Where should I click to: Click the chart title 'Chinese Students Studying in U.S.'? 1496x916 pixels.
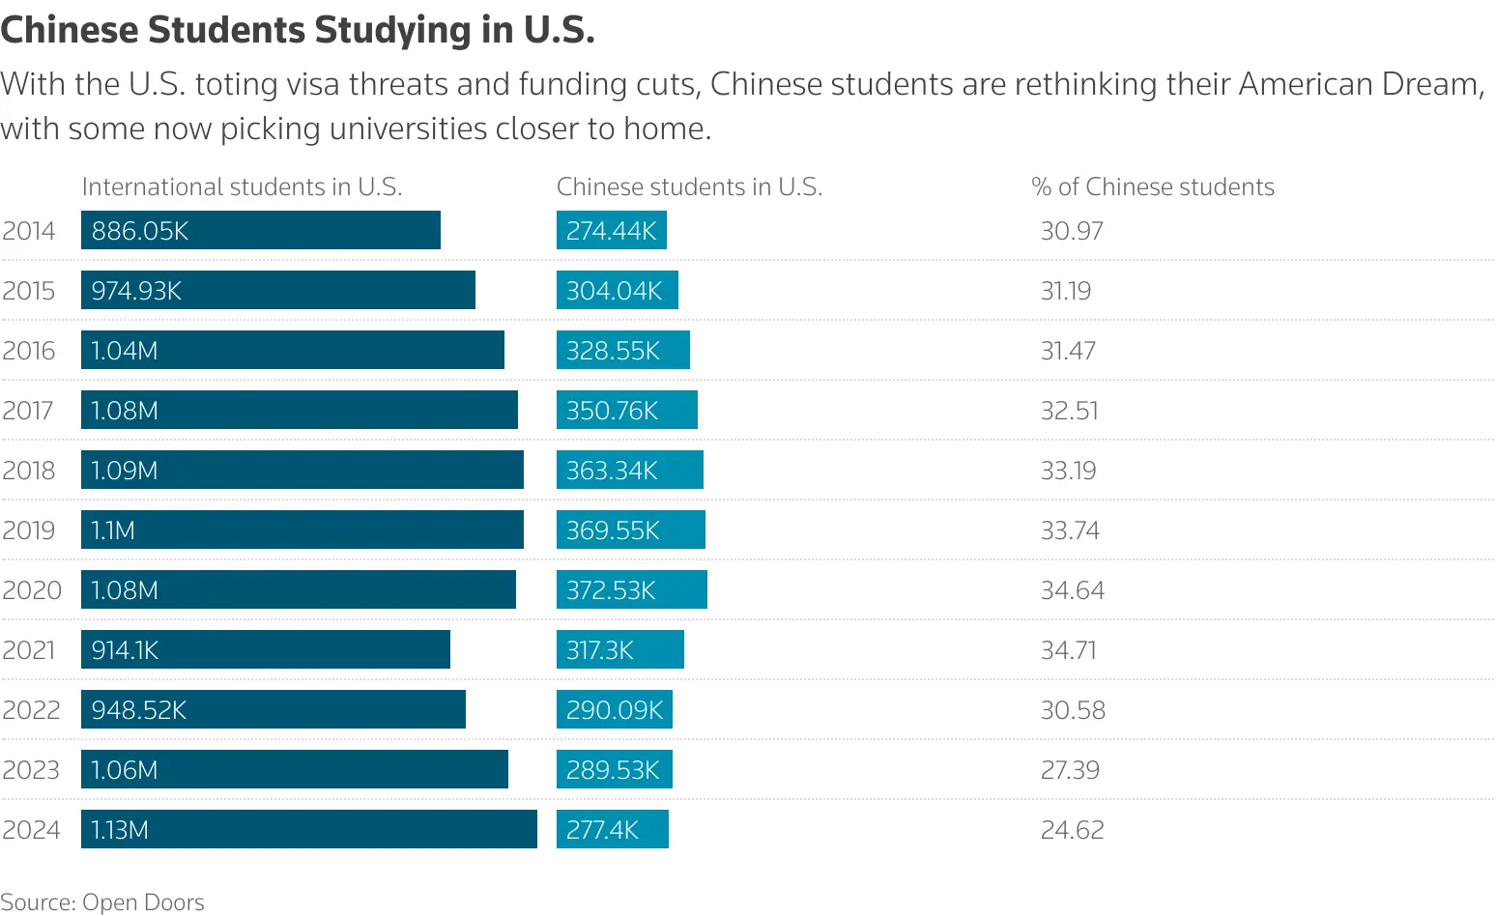298,31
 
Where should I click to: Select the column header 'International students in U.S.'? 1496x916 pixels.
242,186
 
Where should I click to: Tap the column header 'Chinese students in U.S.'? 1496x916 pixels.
689,186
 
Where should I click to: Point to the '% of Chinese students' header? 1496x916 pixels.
1153,186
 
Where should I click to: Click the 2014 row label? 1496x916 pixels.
29,231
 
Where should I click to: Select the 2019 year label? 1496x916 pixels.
29,530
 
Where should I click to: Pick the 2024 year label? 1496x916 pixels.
31,830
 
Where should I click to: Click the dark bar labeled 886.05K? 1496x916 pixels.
261,231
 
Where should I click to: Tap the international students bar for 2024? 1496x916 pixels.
309,830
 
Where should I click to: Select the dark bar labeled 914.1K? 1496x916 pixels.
266,650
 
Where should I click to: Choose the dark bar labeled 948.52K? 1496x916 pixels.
273,710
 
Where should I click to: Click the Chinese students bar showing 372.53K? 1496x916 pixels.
632,590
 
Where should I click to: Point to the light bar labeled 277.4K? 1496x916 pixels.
613,830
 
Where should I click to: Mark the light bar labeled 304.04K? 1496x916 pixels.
618,291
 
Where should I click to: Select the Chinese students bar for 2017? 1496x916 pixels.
627,411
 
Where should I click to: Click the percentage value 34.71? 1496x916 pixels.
1069,650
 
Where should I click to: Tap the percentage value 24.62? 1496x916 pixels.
1072,830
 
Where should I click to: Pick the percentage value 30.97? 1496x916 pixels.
1072,231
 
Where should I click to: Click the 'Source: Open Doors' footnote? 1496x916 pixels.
102,902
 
